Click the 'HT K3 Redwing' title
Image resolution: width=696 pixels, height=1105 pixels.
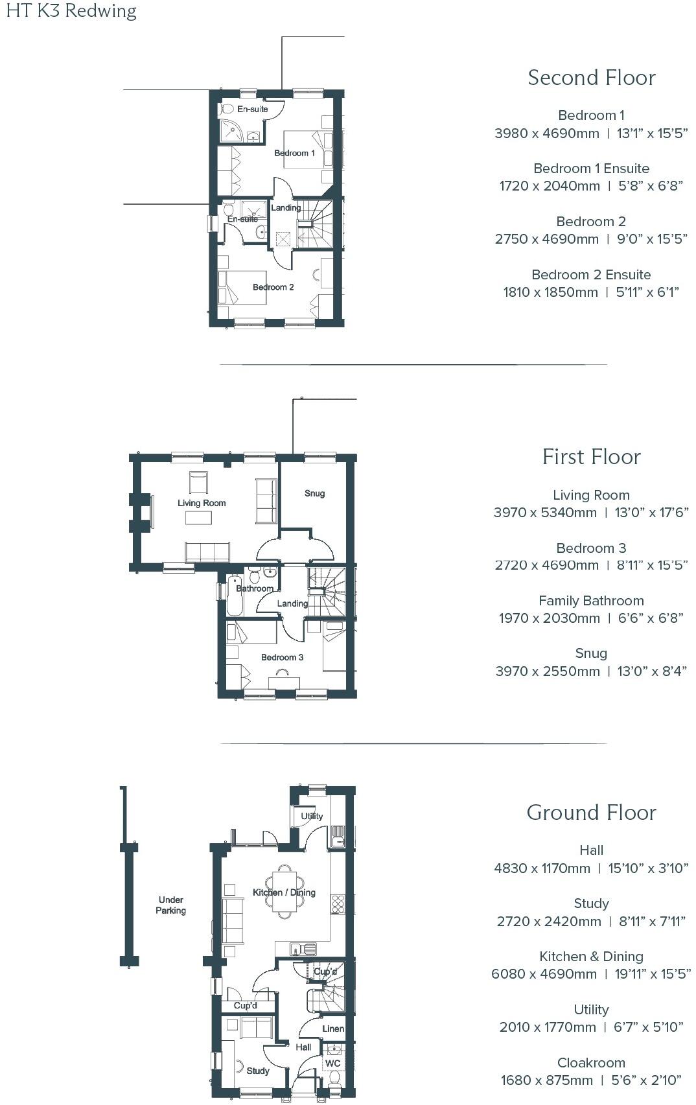71,11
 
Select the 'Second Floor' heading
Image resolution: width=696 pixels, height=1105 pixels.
591,78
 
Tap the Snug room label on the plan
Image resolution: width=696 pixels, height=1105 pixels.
314,493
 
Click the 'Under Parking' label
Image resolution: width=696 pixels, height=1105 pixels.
170,905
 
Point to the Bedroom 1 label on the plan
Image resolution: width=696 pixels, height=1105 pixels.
294,153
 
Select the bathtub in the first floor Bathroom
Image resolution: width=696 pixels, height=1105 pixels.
235,594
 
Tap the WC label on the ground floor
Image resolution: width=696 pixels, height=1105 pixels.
332,1064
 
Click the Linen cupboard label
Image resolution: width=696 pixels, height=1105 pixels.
333,1029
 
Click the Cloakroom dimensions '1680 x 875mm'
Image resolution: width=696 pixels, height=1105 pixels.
546,1080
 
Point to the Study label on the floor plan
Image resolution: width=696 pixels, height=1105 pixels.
257,1071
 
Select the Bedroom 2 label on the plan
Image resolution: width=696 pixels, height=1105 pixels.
273,287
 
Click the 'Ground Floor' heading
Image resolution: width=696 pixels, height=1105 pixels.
591,813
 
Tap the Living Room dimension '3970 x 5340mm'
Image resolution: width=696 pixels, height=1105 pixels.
545,513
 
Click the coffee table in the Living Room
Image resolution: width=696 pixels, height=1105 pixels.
198,518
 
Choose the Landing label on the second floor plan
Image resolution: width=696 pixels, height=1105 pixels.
285,208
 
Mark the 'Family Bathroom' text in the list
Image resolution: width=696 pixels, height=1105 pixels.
591,601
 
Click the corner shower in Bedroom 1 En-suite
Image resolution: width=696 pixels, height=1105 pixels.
231,131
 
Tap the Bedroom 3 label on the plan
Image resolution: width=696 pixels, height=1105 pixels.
282,657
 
